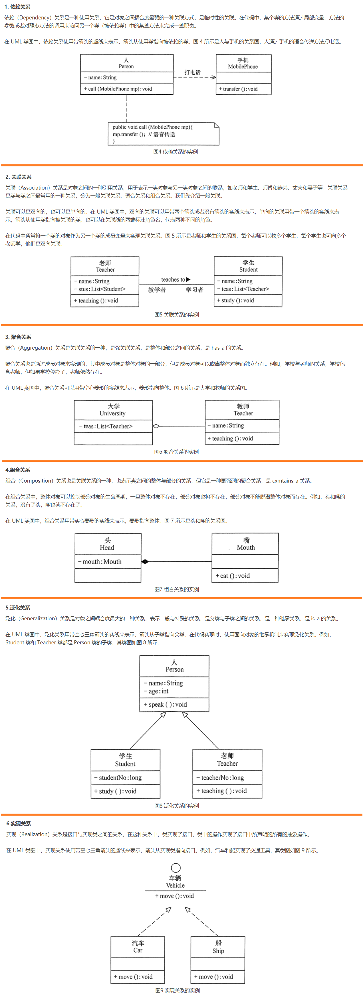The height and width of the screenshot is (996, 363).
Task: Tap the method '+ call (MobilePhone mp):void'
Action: point(118,89)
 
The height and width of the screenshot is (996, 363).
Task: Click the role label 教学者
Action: point(157,290)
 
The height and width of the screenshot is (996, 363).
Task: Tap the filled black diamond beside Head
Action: point(145,561)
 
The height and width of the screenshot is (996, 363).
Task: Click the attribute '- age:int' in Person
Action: point(156,691)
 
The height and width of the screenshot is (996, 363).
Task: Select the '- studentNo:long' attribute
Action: point(118,778)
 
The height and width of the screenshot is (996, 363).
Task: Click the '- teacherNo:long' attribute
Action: point(220,778)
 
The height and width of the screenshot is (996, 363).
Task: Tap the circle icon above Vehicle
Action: point(176,868)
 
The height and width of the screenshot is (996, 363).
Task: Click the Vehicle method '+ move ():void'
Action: point(175,896)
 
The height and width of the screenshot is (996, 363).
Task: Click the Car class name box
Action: point(138,947)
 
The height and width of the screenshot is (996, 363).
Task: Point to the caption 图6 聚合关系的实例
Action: point(176,452)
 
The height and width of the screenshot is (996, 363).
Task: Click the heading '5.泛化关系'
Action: point(18,608)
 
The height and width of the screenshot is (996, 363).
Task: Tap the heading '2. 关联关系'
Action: point(19,177)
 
